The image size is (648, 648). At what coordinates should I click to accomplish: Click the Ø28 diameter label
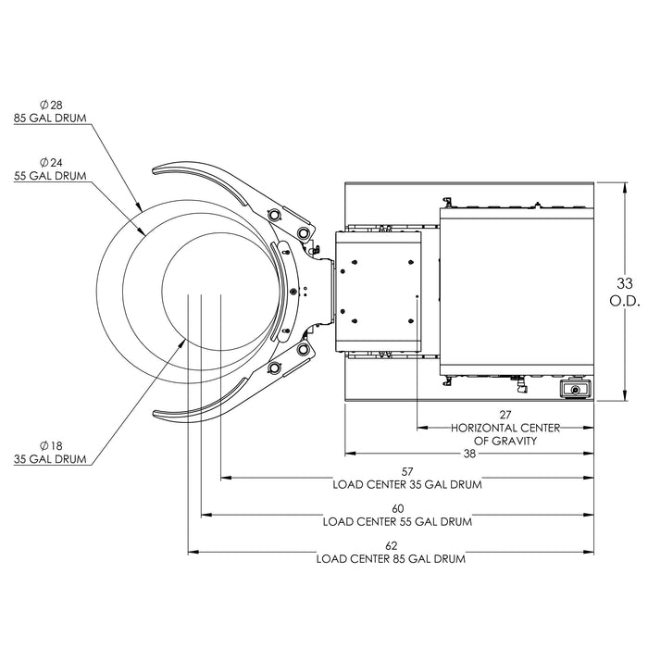pos(50,106)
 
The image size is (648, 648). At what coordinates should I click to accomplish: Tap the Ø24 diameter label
pos(50,163)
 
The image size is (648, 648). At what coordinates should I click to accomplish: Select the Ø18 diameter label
pos(50,445)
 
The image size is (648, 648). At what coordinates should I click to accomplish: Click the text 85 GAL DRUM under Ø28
pos(51,118)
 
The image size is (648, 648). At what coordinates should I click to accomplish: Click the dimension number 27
pos(505,416)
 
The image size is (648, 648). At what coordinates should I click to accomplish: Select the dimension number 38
pos(469,454)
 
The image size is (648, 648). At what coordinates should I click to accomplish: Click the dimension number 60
pos(398,508)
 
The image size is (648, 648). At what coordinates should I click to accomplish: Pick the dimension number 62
pos(391,546)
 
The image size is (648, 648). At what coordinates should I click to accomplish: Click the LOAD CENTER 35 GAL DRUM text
pos(407,484)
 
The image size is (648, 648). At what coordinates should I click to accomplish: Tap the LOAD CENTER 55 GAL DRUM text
pos(398,521)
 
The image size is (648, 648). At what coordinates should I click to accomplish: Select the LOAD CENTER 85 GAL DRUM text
pos(391,559)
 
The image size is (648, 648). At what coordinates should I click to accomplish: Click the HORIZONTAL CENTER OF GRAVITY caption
pos(505,435)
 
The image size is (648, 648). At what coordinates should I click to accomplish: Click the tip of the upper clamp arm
pos(156,168)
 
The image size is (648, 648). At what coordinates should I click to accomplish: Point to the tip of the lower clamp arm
pos(156,413)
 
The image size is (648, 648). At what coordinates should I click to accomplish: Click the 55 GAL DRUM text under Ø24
pos(51,176)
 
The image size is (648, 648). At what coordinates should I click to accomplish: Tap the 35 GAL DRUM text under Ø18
pos(51,458)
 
